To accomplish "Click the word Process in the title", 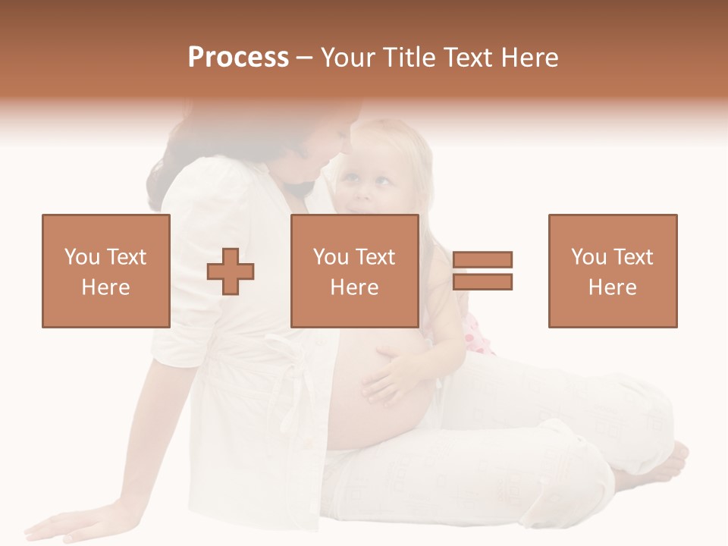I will click(x=238, y=58).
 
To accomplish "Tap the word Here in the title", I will click(x=528, y=58).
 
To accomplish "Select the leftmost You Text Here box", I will click(x=106, y=271).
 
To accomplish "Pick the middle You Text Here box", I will click(x=355, y=271).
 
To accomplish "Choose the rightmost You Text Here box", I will click(x=613, y=271).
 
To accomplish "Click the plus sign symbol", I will click(x=231, y=271).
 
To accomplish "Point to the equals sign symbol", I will click(x=483, y=271).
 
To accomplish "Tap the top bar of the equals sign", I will click(x=483, y=260).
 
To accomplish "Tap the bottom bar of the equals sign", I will click(x=483, y=281).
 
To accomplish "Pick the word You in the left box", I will click(x=80, y=257).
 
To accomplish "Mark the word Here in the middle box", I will click(x=355, y=287).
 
